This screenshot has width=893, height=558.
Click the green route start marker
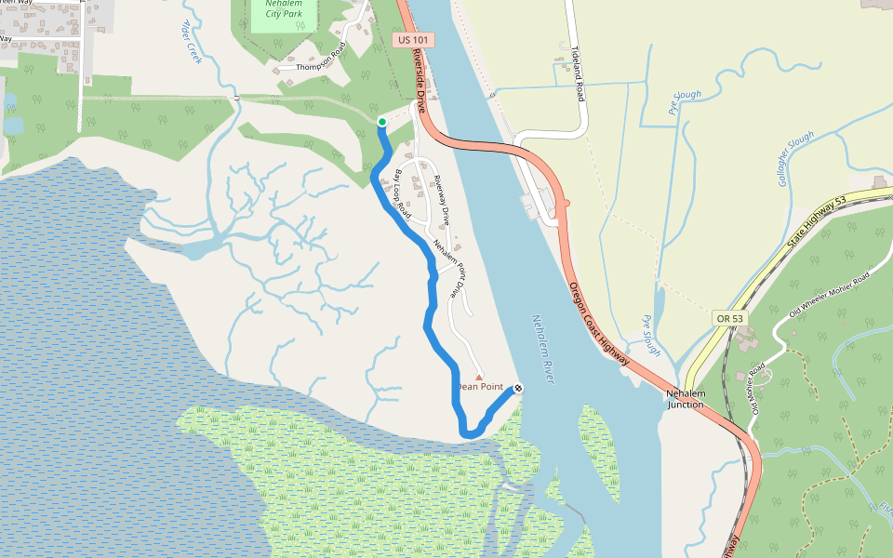pyautogui.click(x=381, y=122)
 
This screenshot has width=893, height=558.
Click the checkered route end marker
pyautogui.click(x=518, y=388)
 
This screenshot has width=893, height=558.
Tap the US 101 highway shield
pyautogui.click(x=415, y=40)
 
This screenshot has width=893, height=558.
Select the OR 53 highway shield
pyautogui.click(x=730, y=318)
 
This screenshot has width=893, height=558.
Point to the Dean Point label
pyautogui.click(x=479, y=387)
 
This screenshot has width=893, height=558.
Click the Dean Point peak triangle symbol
pyautogui.click(x=479, y=377)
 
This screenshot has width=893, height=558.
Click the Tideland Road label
pyautogui.click(x=577, y=73)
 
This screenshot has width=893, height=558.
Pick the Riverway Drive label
pyautogui.click(x=441, y=201)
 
